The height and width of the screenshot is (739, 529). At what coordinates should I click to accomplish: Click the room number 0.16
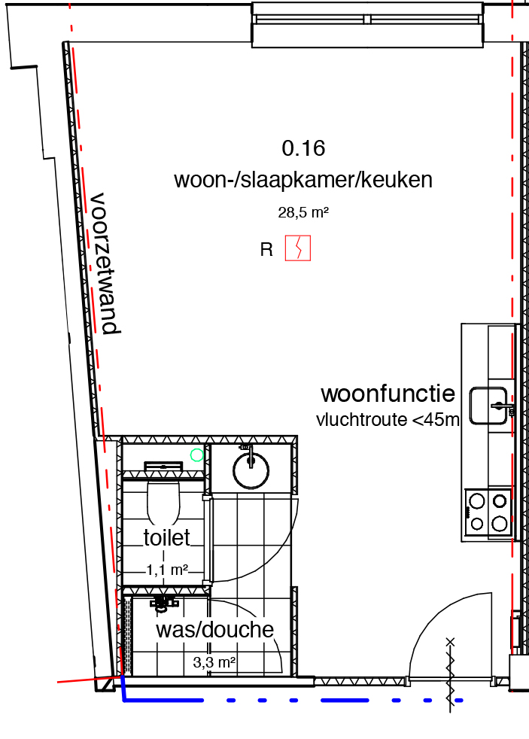[x=303, y=148]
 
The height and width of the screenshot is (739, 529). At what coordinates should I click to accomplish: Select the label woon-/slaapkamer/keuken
[x=303, y=181]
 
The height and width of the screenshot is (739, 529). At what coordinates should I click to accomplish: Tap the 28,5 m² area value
[x=303, y=213]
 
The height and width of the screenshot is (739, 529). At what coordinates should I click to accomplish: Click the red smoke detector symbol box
[x=298, y=248]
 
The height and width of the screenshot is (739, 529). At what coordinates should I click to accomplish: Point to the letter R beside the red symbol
[x=266, y=251]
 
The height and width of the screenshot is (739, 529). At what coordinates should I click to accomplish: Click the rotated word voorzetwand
[x=105, y=263]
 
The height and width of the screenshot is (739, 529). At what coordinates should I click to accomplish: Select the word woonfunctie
[x=388, y=394]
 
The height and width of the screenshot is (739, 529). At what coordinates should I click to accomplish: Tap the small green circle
[x=197, y=455]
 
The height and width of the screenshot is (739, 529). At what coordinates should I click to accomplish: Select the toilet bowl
[x=163, y=502]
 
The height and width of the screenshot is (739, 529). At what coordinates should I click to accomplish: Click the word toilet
[x=166, y=537]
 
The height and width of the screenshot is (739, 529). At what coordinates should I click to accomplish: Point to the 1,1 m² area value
[x=167, y=570]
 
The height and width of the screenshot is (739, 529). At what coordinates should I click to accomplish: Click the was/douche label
[x=214, y=630]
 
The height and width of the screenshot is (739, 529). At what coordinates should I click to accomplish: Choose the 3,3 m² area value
[x=214, y=663]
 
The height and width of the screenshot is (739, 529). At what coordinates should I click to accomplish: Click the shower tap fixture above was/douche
[x=163, y=601]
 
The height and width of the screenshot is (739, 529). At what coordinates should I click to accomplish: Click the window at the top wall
[x=366, y=24]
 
